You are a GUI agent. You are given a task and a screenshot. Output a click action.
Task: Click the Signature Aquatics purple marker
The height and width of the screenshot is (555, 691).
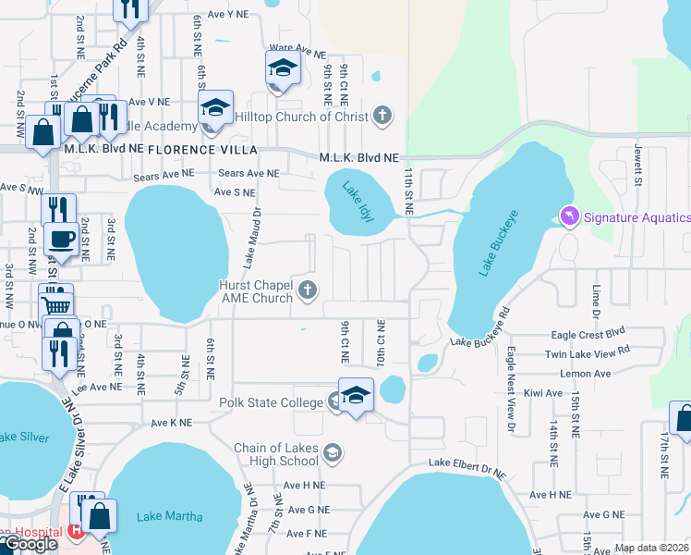click(568, 216)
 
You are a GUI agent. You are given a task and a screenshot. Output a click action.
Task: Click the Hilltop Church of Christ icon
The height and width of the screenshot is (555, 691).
click(382, 117)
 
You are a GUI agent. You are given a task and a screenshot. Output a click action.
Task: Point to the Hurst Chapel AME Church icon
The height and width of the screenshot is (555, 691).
click(309, 292)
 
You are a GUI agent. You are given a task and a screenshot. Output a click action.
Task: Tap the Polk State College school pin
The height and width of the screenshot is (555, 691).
click(356, 395)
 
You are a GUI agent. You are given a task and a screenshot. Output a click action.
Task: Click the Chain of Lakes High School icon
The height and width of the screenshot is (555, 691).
click(333, 453)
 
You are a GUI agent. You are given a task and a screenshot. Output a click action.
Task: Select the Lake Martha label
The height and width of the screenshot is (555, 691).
click(169, 516)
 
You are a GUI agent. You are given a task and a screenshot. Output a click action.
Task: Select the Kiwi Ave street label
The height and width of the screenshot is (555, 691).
click(541, 393)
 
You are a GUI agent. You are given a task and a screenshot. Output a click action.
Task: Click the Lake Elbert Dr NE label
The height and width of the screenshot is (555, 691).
click(467, 467)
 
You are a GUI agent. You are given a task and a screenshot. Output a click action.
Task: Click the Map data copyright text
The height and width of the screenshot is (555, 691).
click(652, 548)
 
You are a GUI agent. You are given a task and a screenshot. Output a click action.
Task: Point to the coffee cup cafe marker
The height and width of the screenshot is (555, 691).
click(62, 239)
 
